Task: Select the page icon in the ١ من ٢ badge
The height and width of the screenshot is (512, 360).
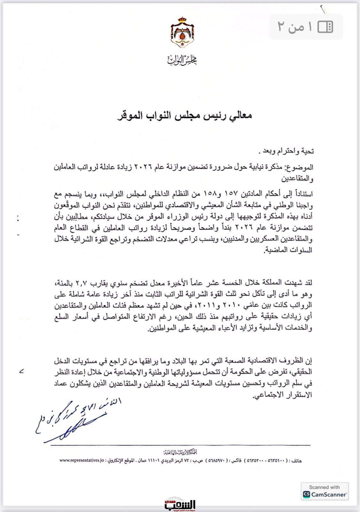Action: click(325, 27)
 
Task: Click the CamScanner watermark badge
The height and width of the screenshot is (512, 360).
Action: click(325, 491)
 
